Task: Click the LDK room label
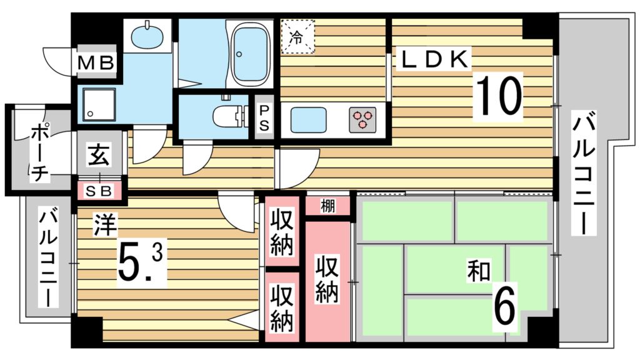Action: click(x=434, y=60)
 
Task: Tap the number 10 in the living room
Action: click(x=499, y=96)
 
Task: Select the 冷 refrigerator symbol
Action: click(x=297, y=36)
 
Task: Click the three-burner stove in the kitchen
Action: click(x=364, y=119)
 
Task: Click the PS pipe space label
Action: click(x=264, y=117)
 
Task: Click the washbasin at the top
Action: click(x=147, y=35)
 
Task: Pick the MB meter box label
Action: click(x=95, y=62)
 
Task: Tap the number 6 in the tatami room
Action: click(x=505, y=305)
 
